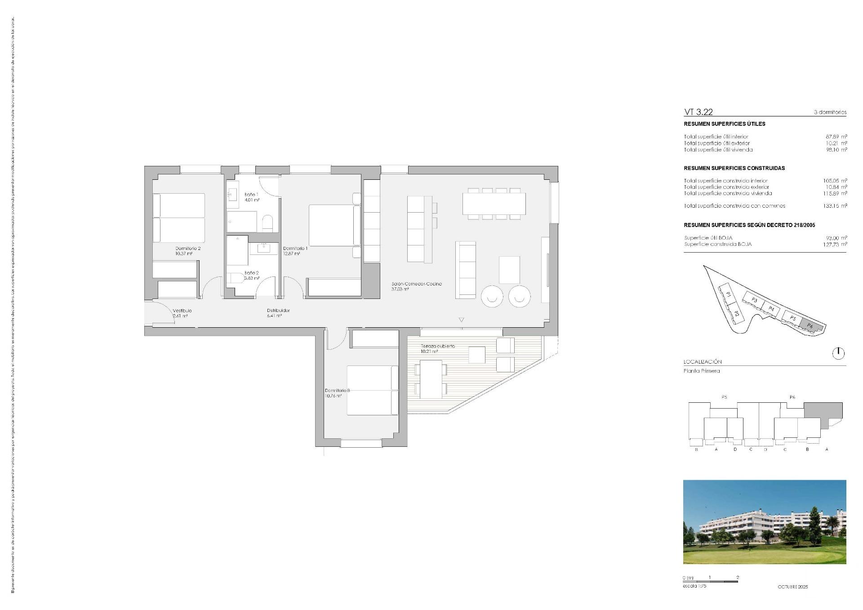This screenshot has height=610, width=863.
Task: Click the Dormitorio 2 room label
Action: (x=188, y=248)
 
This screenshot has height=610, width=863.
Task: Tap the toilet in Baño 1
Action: (x=267, y=223)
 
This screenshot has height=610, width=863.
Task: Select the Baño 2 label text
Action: (x=251, y=273)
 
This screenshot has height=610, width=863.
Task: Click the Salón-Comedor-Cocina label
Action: (x=416, y=284)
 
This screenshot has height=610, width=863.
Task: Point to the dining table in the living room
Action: (x=494, y=204)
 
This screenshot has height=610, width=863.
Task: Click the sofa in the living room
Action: (x=466, y=270)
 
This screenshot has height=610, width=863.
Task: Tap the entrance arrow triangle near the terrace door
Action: (x=461, y=320)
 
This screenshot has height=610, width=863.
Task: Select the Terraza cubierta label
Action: (x=438, y=346)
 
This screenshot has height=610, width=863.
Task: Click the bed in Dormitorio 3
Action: (x=372, y=390)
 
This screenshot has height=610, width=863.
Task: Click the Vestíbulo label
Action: (x=182, y=311)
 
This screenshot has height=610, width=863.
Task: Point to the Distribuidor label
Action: (x=278, y=310)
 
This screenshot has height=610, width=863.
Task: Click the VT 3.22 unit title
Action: (x=698, y=112)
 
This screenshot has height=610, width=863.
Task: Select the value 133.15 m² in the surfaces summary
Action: (x=835, y=206)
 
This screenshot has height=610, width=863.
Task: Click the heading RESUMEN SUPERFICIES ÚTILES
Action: (x=724, y=124)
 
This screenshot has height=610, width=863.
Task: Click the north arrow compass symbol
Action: (x=838, y=353)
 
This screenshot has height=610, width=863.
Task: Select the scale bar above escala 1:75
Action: (x=710, y=582)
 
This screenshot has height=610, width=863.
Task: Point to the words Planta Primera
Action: (x=702, y=371)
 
